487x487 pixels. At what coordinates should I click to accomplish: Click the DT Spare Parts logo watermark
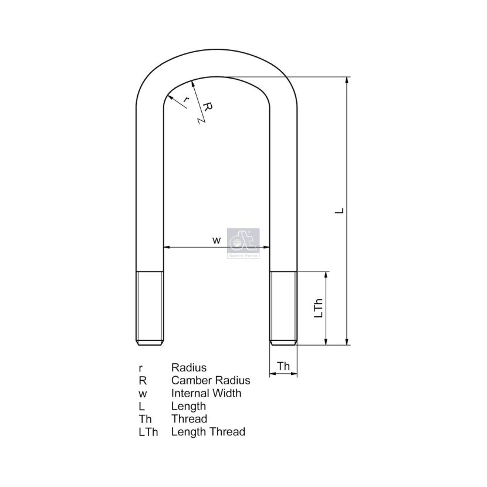coord(243,243)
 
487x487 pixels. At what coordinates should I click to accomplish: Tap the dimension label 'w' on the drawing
coord(217,240)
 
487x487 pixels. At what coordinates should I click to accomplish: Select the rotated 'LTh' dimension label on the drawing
coord(319,308)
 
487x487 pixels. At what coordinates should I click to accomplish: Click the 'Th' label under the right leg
coord(283,366)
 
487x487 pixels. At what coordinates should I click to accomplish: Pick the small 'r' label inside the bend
coord(186,100)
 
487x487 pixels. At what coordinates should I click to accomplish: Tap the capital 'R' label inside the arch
coord(207,107)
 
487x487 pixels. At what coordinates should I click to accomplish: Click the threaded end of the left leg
coord(150,308)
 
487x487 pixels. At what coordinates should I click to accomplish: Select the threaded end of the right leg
coord(283,308)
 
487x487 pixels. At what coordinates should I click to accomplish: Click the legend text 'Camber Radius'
coord(211,380)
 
